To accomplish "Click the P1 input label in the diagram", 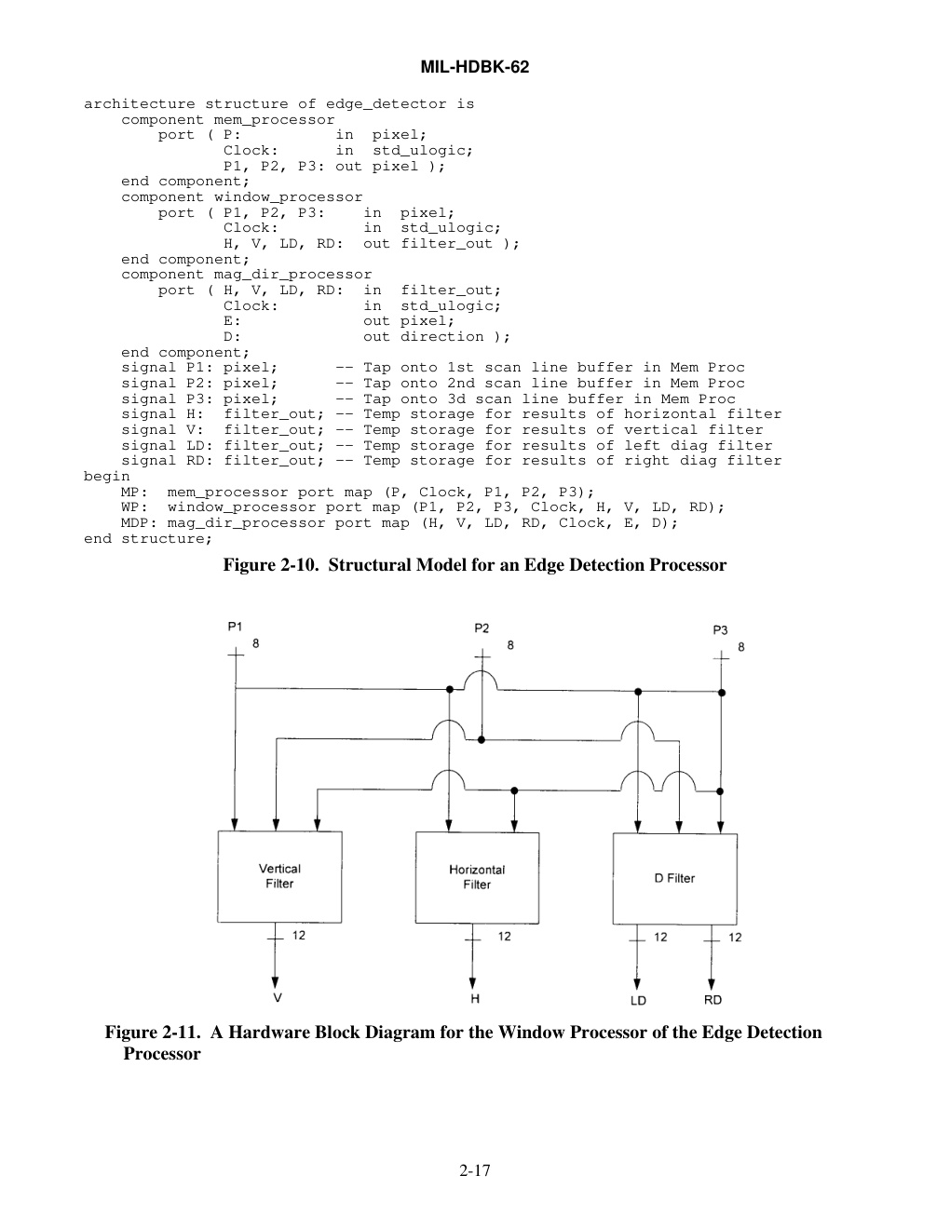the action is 235,627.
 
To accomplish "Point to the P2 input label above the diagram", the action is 482,628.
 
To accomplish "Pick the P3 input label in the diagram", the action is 720,630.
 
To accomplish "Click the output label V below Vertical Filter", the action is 278,998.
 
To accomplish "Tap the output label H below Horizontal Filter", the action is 475,999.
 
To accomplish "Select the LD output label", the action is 638,1001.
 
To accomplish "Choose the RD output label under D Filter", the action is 712,1000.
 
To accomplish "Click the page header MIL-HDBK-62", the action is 475,67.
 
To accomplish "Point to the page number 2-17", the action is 475,1170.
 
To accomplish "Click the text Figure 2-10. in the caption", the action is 270,565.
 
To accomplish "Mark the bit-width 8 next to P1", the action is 256,643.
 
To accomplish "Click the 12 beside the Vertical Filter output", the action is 299,936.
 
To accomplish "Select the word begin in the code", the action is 107,477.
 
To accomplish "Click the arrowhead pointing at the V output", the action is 275,982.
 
